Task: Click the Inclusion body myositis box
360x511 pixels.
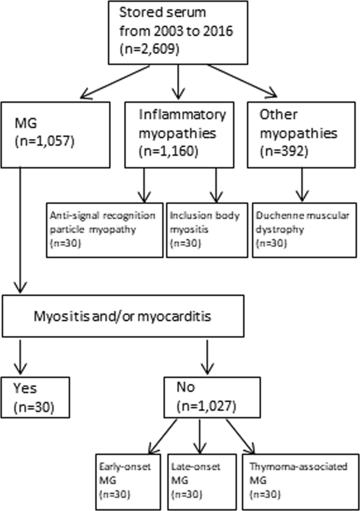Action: point(207,229)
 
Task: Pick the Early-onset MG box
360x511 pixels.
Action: point(130,480)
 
